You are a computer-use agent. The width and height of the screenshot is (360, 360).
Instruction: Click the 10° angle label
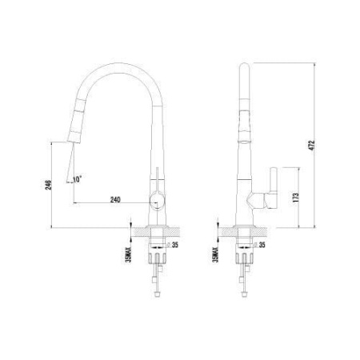tap(77, 177)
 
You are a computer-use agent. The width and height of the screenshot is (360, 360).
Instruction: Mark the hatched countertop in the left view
tap(144, 233)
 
